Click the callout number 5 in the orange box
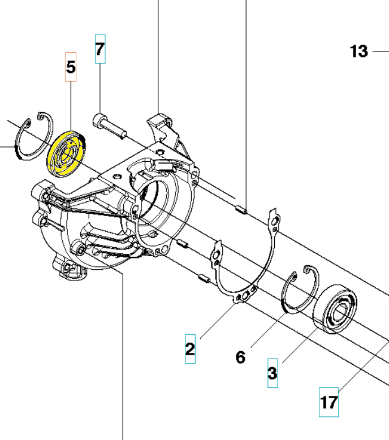tap(71, 67)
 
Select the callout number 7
tap(100, 49)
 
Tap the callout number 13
tap(358, 51)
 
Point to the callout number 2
tap(190, 349)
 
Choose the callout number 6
tap(241, 357)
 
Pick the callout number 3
tap(273, 373)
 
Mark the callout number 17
tap(329, 403)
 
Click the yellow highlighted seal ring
tap(67, 154)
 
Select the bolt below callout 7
tap(109, 127)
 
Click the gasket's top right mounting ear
tap(274, 221)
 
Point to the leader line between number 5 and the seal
tap(71, 106)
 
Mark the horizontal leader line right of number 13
tap(381, 51)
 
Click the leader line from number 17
tap(364, 366)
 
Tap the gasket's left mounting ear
tap(217, 254)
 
